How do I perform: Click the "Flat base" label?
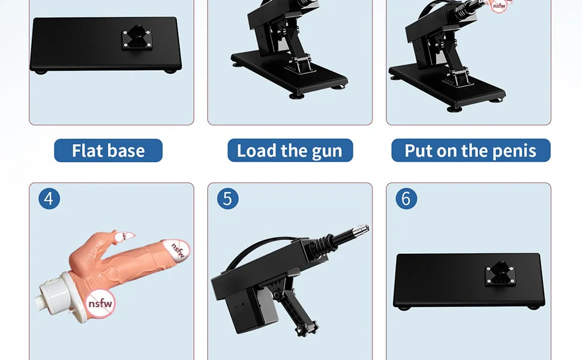[x=108, y=151]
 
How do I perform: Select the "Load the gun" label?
[x=290, y=151]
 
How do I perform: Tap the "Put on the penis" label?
[x=470, y=151]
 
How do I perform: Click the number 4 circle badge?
[x=49, y=199]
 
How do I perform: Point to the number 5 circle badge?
[x=227, y=199]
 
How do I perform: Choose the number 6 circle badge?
[x=406, y=199]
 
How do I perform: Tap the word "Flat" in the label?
[x=87, y=151]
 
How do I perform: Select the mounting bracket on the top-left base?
[x=137, y=37]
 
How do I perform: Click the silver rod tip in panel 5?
[x=361, y=230]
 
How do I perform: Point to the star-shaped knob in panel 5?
[x=307, y=329]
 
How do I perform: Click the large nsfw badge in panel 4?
[x=100, y=303]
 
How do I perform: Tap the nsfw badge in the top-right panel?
[x=499, y=5]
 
